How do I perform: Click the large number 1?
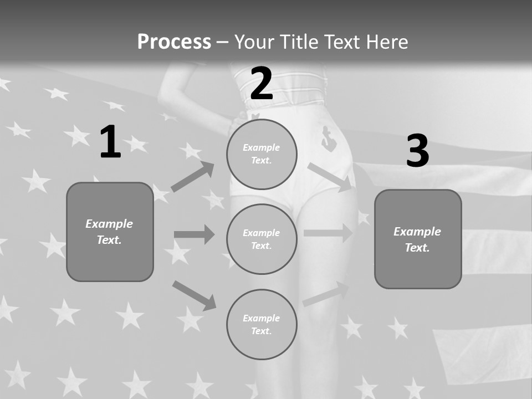click(110, 142)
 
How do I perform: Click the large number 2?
click(262, 84)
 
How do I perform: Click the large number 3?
click(417, 151)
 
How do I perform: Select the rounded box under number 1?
click(110, 232)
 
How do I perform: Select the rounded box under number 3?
click(418, 239)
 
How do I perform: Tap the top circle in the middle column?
click(262, 154)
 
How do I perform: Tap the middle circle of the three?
click(262, 239)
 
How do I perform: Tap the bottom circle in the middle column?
click(262, 325)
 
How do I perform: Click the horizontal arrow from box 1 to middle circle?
click(194, 234)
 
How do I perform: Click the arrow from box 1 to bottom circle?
click(194, 295)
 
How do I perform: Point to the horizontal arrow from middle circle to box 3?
click(328, 233)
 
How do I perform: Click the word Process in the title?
click(174, 42)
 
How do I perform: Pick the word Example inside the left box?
click(109, 224)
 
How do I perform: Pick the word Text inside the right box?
click(417, 248)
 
